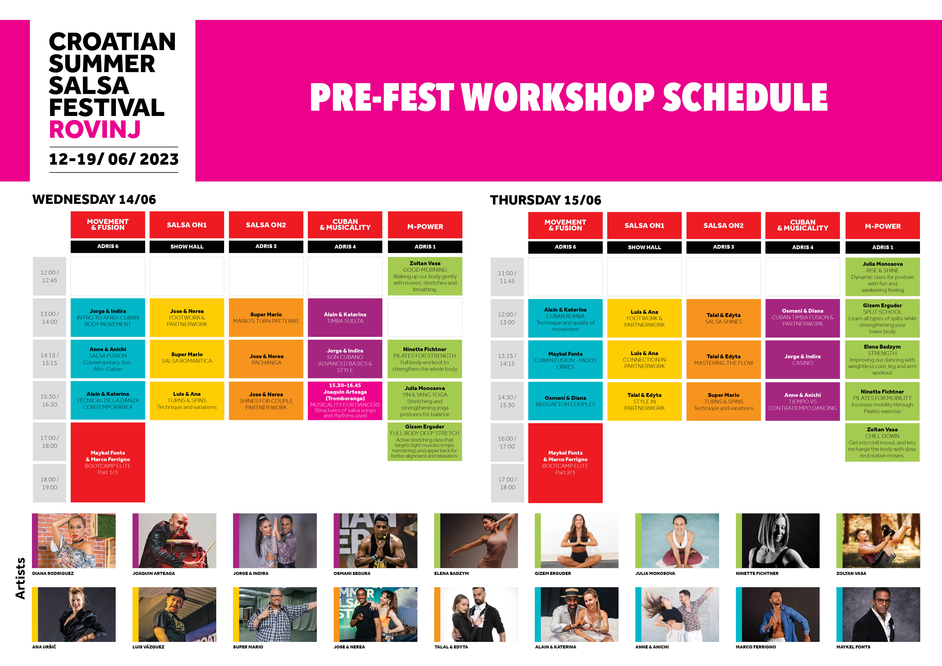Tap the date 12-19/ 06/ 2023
tap(114, 159)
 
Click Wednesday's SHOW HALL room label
tap(187, 247)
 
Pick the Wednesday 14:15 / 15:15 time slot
tap(50, 359)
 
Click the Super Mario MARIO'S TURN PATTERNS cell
tap(266, 318)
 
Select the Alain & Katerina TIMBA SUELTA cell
tap(345, 318)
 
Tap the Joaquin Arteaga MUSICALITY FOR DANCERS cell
tap(345, 401)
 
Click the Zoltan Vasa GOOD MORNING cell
tap(425, 276)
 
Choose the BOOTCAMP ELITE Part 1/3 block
tap(108, 462)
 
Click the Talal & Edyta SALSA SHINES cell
tap(723, 318)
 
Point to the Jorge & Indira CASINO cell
tap(802, 359)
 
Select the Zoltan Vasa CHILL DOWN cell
tap(883, 442)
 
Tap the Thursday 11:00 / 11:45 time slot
tap(507, 277)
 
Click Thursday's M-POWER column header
tap(883, 226)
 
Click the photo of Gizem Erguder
tap(576, 540)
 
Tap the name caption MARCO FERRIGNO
tap(756, 647)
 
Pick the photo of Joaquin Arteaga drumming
tap(174, 540)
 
